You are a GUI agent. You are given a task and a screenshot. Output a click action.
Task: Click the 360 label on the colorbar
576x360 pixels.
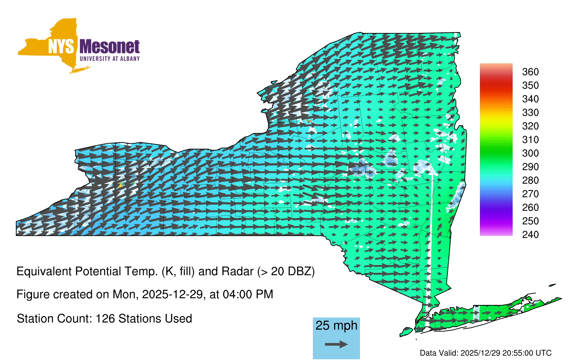point(530,72)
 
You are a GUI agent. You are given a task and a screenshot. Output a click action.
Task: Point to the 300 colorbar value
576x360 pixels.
point(530,153)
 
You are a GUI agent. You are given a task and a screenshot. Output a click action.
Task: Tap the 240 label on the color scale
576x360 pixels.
point(530,234)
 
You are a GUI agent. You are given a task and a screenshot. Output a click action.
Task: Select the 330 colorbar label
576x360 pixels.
point(530,112)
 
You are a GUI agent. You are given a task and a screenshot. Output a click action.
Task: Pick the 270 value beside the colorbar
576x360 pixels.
point(530,194)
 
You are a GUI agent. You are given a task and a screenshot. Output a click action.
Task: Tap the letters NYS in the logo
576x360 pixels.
point(61,46)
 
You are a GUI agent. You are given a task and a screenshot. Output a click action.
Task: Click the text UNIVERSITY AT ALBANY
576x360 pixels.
point(109,59)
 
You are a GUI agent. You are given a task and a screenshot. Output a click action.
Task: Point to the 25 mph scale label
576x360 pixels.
point(336,326)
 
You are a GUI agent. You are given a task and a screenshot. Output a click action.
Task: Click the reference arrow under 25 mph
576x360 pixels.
point(336,344)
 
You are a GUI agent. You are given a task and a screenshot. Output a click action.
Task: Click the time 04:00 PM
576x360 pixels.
point(248,294)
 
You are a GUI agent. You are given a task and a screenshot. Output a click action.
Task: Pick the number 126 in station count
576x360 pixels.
point(104,319)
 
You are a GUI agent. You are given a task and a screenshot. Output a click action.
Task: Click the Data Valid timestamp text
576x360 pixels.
point(486,353)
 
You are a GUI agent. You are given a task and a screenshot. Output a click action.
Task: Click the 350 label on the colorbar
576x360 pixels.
point(530,85)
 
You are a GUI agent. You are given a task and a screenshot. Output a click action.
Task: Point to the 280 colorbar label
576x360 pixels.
point(530,180)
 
